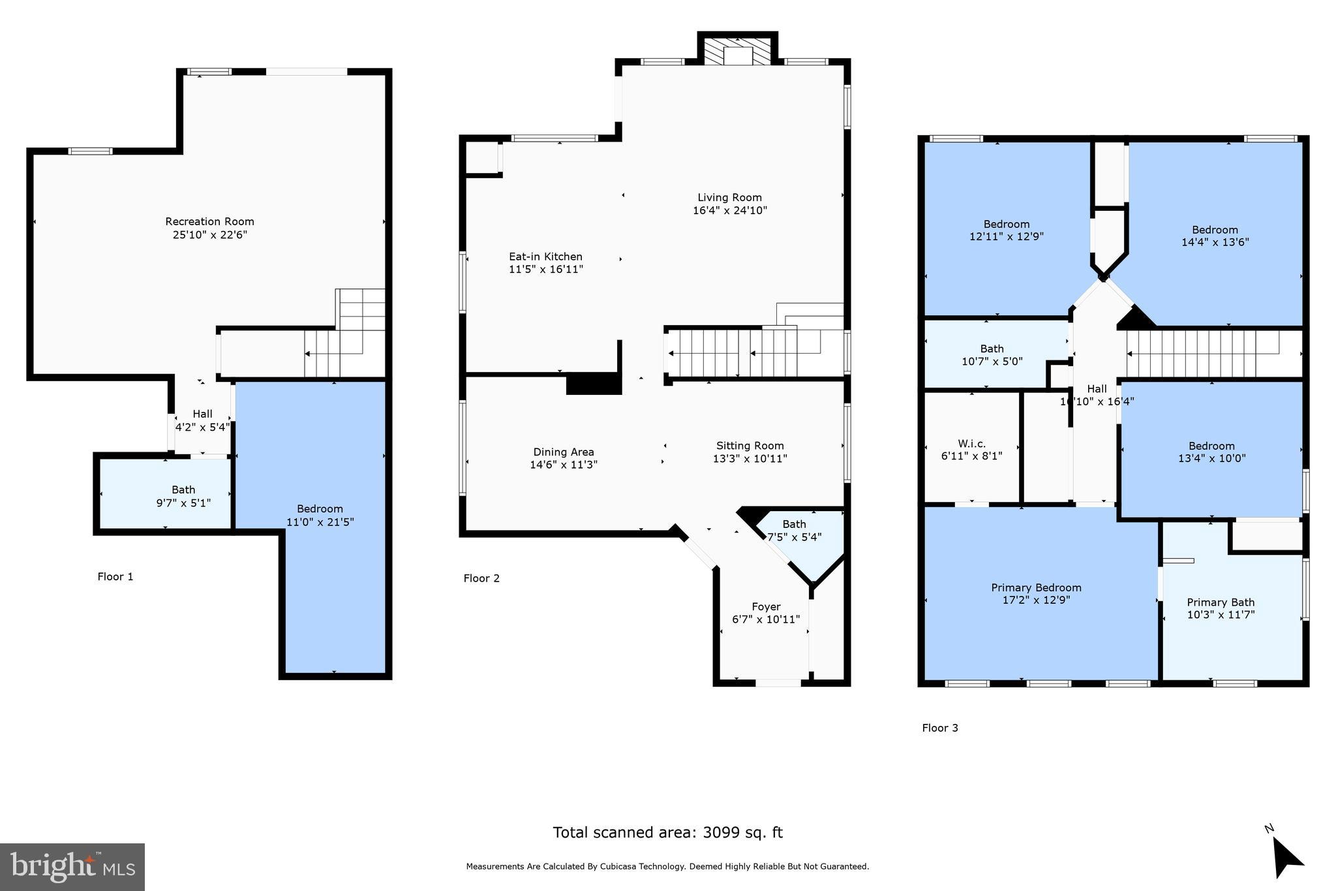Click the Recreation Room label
pos(209,222)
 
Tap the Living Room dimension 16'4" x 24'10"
pos(729,211)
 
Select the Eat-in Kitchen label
pos(545,257)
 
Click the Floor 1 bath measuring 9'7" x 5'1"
pos(183,496)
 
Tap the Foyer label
pos(766,606)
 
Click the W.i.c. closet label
pos(971,444)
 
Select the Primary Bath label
pos(1221,602)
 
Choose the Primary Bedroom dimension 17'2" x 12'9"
pos(1036,600)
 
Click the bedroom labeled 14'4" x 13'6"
pos(1215,236)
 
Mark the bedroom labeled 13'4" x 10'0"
pos(1211,452)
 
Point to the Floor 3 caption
pos(939,728)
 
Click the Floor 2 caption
pos(481,578)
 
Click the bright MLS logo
pos(72,867)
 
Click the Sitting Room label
pos(750,446)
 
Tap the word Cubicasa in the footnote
pos(619,867)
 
